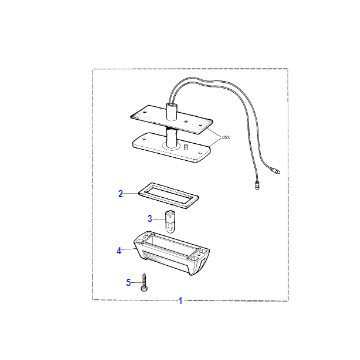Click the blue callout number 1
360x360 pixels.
click(180, 301)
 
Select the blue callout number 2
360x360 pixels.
click(121, 193)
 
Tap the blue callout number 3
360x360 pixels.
click(150, 219)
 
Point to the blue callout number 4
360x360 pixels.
click(119, 251)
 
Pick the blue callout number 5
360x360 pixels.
click(129, 283)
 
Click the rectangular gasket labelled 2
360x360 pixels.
click(168, 195)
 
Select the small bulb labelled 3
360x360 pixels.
click(170, 222)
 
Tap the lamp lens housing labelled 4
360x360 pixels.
click(171, 253)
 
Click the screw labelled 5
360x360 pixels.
click(144, 282)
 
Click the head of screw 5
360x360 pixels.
click(144, 289)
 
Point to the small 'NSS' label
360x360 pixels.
click(226, 137)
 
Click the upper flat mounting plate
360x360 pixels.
click(170, 119)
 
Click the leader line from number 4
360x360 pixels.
click(128, 250)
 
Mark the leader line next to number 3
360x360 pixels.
click(159, 219)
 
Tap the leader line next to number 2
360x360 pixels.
click(131, 193)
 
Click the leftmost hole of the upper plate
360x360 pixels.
click(134, 116)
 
